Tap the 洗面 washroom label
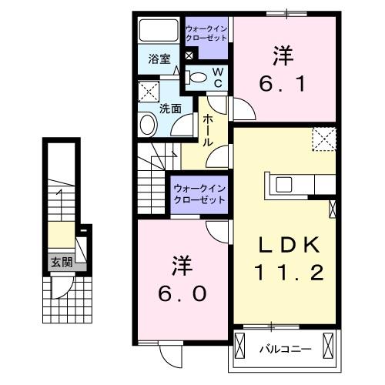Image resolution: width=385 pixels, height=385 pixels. click(170, 109)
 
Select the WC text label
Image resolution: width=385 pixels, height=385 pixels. click(218, 77)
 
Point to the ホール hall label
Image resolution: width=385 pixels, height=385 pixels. click(208, 131)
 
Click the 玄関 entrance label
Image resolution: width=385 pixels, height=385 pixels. click(62, 262)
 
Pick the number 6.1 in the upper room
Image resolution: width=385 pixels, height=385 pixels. click(285, 82)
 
